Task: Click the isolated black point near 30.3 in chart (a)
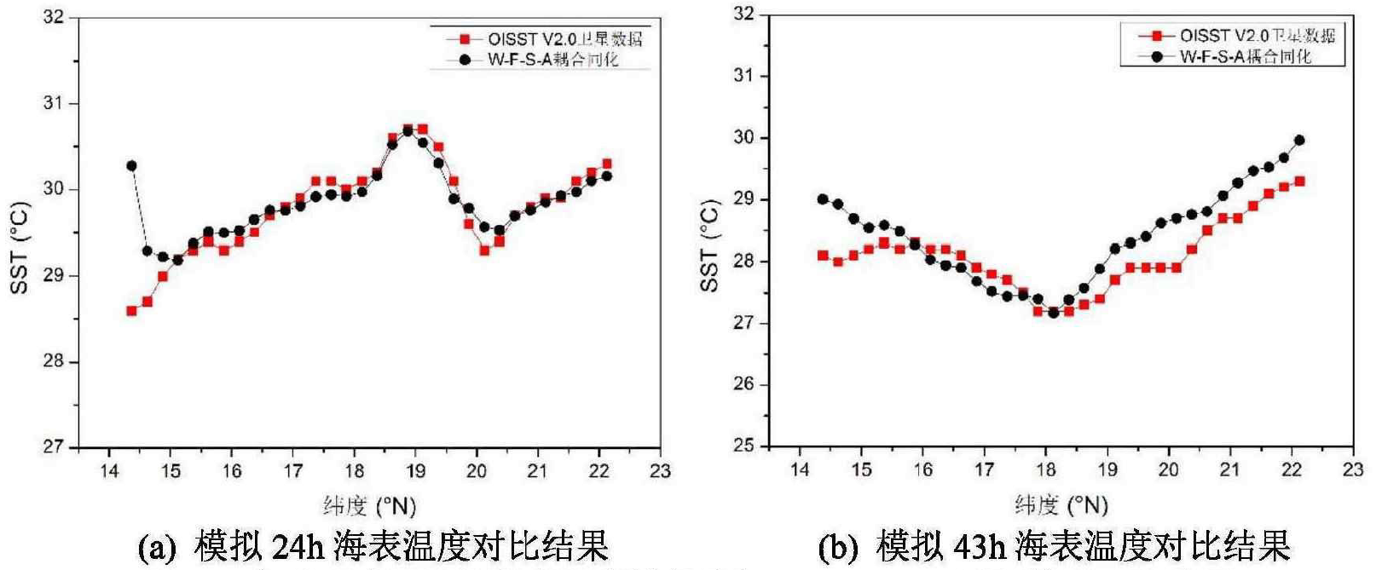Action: pyautogui.click(x=131, y=166)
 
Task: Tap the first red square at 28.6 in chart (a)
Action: pyautogui.click(x=131, y=311)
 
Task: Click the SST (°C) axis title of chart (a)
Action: pyautogui.click(x=20, y=248)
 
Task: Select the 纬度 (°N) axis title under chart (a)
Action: pyautogui.click(x=369, y=506)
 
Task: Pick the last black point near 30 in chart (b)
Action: pyautogui.click(x=1299, y=141)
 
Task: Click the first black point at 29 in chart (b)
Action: pyautogui.click(x=823, y=199)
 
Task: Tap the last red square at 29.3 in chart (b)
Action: pyautogui.click(x=1299, y=181)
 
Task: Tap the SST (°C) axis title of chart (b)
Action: pyautogui.click(x=710, y=246)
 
